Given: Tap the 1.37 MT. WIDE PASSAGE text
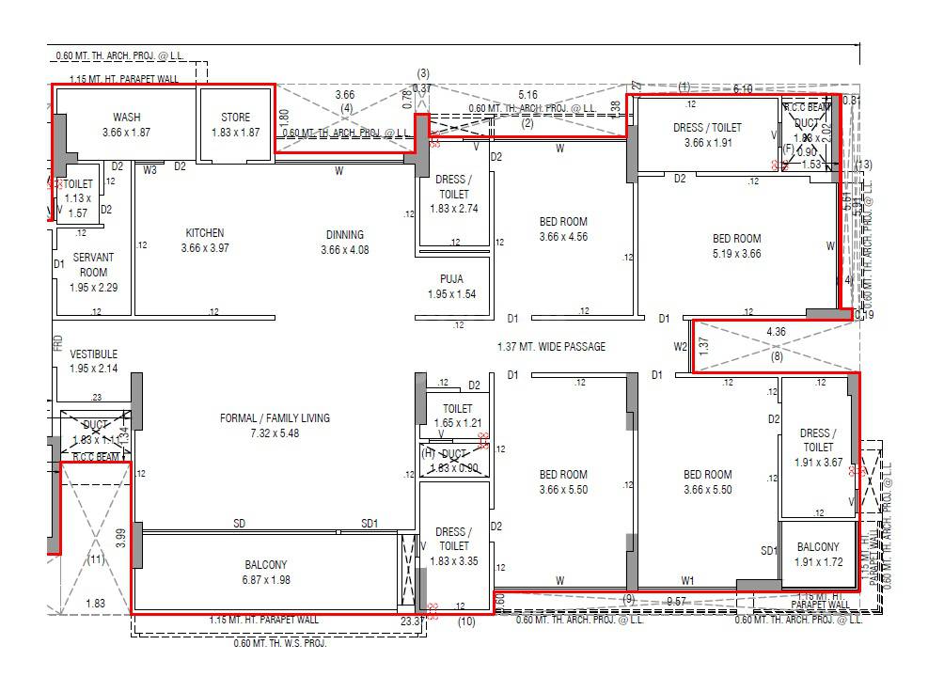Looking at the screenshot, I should [x=551, y=347].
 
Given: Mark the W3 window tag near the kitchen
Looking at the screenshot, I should [x=150, y=170].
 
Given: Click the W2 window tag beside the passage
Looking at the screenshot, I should [x=681, y=347].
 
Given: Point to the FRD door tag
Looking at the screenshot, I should [x=57, y=342].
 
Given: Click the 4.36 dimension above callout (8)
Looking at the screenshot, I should [x=776, y=332].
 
